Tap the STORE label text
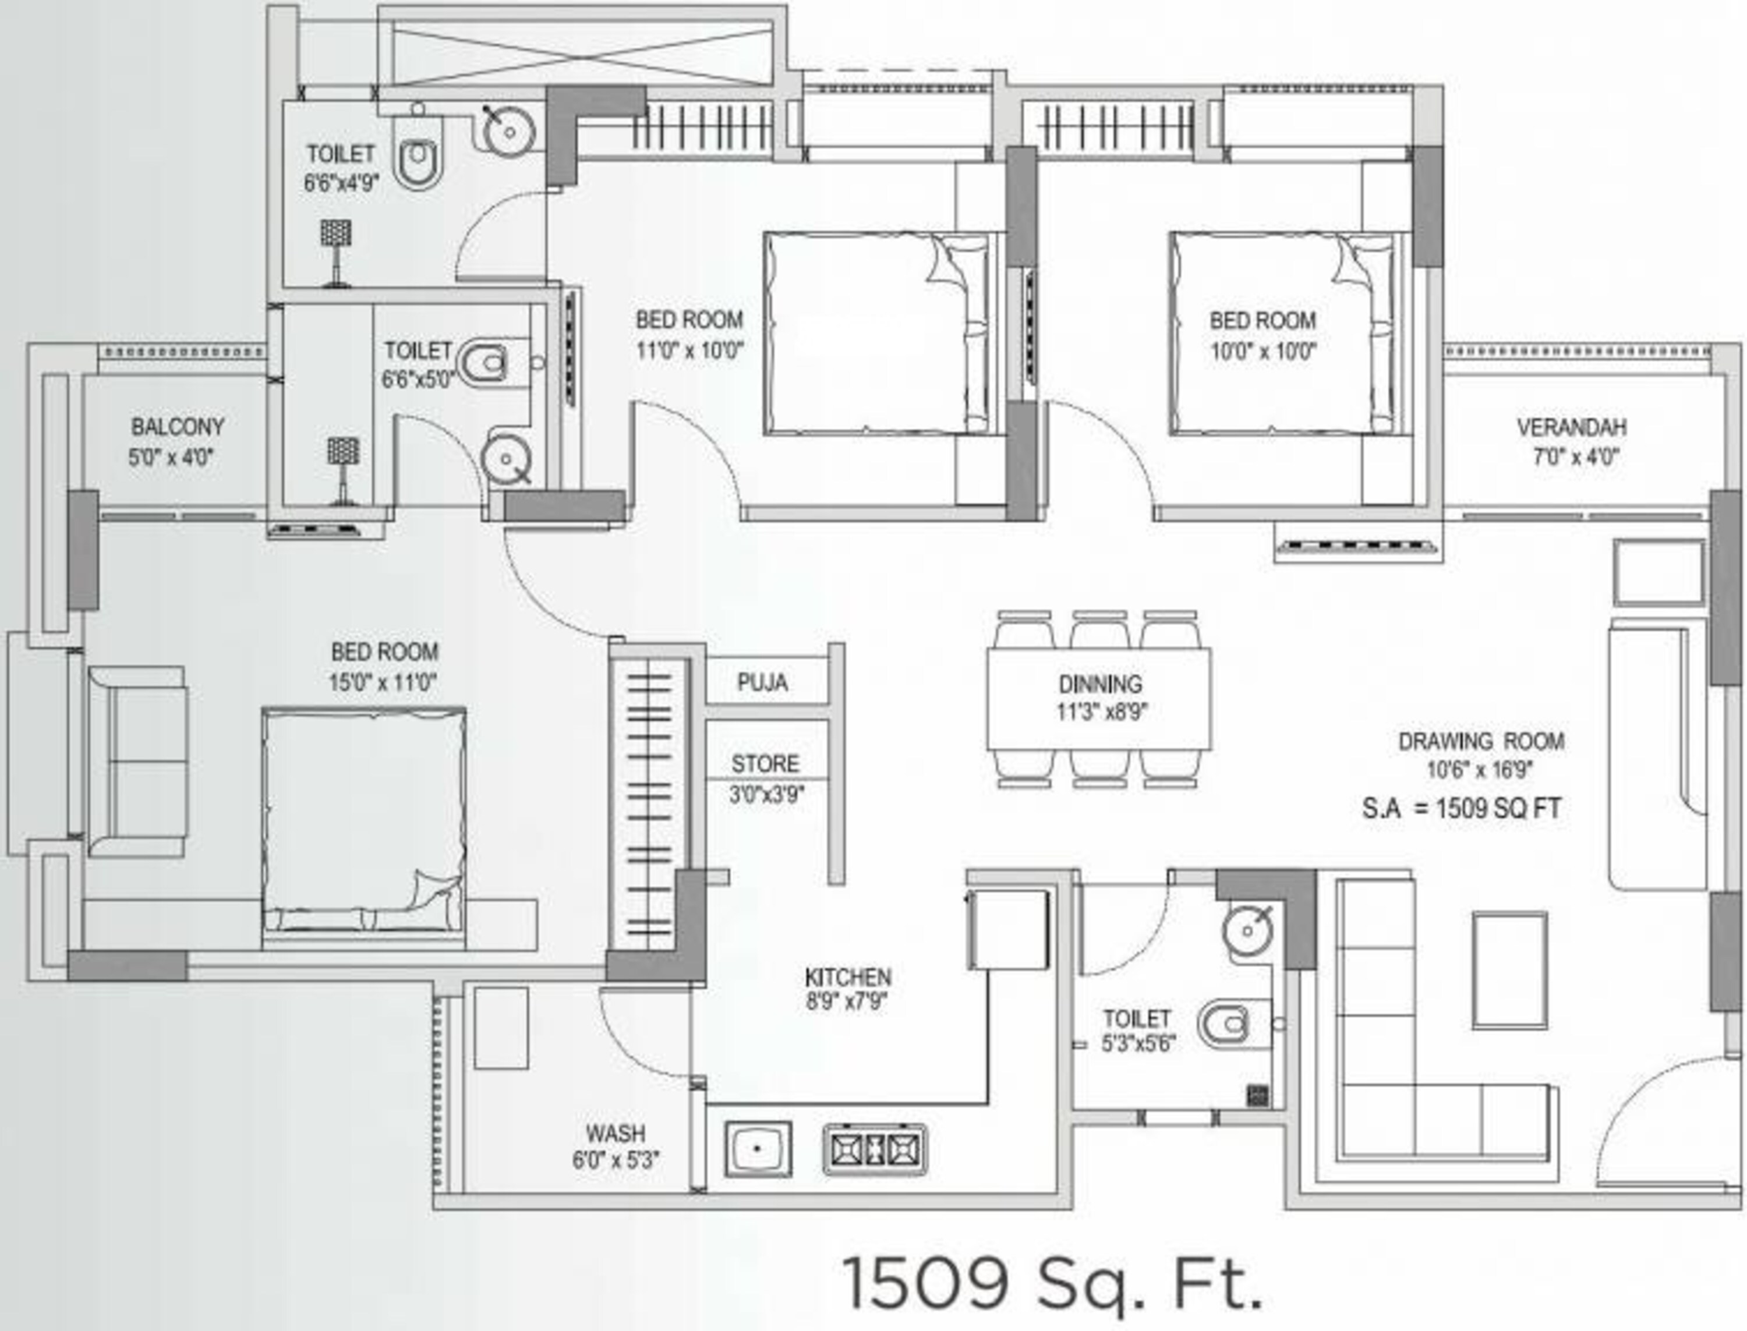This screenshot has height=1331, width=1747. [765, 764]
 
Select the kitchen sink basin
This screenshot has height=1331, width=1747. [758, 1149]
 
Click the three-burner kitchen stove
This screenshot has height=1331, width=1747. [875, 1149]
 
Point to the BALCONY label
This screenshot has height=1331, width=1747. [178, 427]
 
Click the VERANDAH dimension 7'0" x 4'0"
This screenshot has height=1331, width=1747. [1575, 457]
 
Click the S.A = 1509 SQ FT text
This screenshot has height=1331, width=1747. [1461, 809]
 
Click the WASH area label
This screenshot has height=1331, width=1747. [616, 1133]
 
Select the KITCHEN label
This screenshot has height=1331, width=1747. [848, 977]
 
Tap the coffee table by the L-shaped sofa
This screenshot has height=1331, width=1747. [1509, 971]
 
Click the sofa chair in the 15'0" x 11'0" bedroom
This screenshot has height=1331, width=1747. [139, 760]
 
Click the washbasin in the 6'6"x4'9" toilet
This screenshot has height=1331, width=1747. [508, 130]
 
